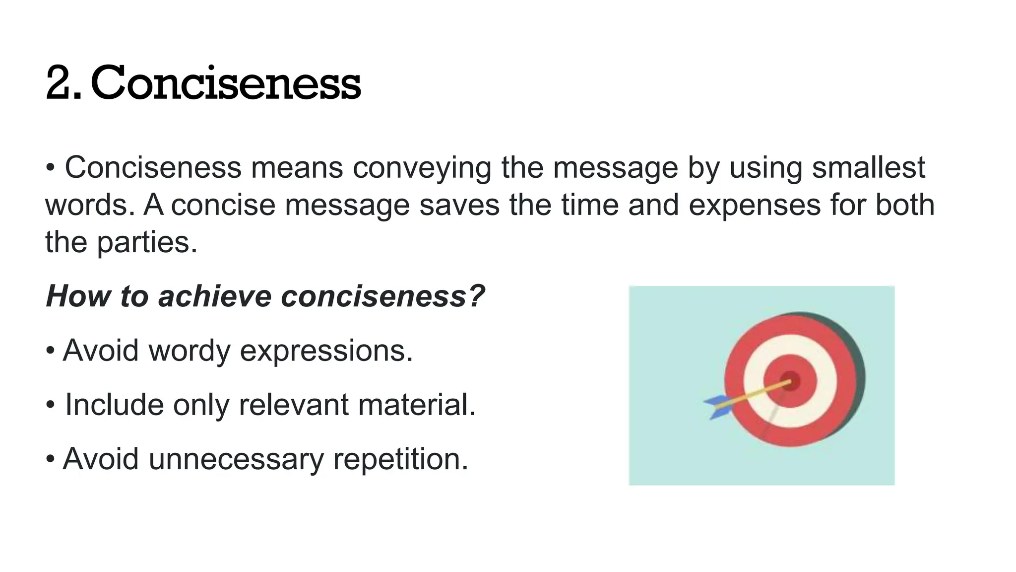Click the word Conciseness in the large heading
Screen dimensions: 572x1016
(226, 83)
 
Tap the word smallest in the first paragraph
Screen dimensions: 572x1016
(868, 167)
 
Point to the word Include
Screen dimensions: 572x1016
(114, 404)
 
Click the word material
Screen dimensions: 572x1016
(417, 404)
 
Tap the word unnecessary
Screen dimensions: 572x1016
(236, 459)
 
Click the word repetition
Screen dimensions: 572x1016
(400, 459)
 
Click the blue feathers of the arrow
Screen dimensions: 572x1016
(717, 407)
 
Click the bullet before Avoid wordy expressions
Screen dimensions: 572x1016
(50, 351)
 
